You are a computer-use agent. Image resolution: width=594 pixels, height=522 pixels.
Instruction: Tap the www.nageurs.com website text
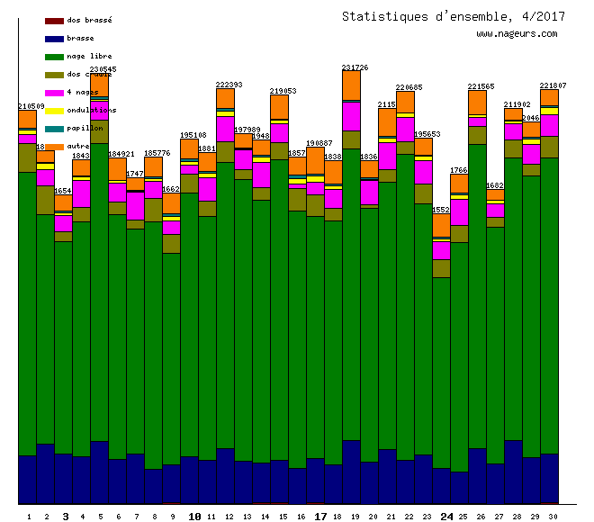coord(517,34)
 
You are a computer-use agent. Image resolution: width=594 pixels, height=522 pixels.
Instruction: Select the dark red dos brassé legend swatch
coord(54,21)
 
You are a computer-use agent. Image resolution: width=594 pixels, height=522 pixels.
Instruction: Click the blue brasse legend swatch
coord(54,39)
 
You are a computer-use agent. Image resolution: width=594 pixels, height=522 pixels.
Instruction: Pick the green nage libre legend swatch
coord(54,57)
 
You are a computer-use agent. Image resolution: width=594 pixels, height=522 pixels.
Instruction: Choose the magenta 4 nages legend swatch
coord(54,93)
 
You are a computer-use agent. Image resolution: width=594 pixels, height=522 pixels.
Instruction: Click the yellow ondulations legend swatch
coord(54,111)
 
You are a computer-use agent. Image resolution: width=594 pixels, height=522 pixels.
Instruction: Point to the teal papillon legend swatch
coord(54,129)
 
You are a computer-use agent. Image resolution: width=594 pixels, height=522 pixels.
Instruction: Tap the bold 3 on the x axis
coord(65,517)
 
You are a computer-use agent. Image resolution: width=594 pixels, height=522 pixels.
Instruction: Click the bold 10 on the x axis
coord(194,517)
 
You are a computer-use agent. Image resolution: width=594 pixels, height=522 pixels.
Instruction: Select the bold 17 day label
coord(320,517)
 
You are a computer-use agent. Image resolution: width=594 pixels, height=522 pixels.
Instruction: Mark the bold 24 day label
coord(447,517)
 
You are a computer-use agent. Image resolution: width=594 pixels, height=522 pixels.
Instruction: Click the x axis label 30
coord(552,517)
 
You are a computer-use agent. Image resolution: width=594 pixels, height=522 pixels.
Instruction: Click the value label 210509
coord(31,106)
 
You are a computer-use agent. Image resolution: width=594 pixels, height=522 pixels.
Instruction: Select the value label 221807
coord(553,85)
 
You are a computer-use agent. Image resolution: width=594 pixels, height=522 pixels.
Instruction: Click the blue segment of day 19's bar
coord(351,472)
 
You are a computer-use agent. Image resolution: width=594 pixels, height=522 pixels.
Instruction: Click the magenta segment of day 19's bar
coord(351,116)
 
